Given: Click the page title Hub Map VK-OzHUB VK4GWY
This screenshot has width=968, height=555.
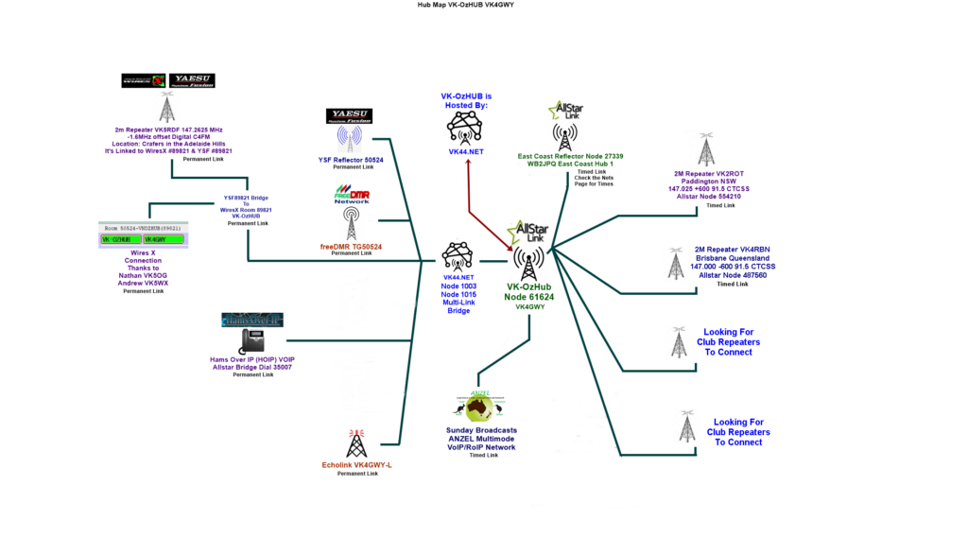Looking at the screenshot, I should tap(465, 5).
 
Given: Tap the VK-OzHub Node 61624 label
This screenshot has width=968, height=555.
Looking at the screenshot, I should tap(529, 291).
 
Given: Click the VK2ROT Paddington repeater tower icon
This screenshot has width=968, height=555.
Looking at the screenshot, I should tap(705, 150).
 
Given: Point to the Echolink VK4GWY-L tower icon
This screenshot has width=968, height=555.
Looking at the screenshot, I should tap(356, 442).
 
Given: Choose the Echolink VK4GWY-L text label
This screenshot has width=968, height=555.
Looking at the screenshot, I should tap(356, 464).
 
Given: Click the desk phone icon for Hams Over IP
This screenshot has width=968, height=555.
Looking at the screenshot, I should tap(251, 340).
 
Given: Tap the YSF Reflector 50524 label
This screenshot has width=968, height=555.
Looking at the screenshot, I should tap(350, 160).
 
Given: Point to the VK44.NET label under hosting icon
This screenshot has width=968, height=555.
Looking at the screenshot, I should tap(466, 151).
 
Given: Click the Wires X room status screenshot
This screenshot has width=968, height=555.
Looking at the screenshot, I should tap(143, 235).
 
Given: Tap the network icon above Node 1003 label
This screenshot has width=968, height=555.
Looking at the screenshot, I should tap(457, 256).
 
